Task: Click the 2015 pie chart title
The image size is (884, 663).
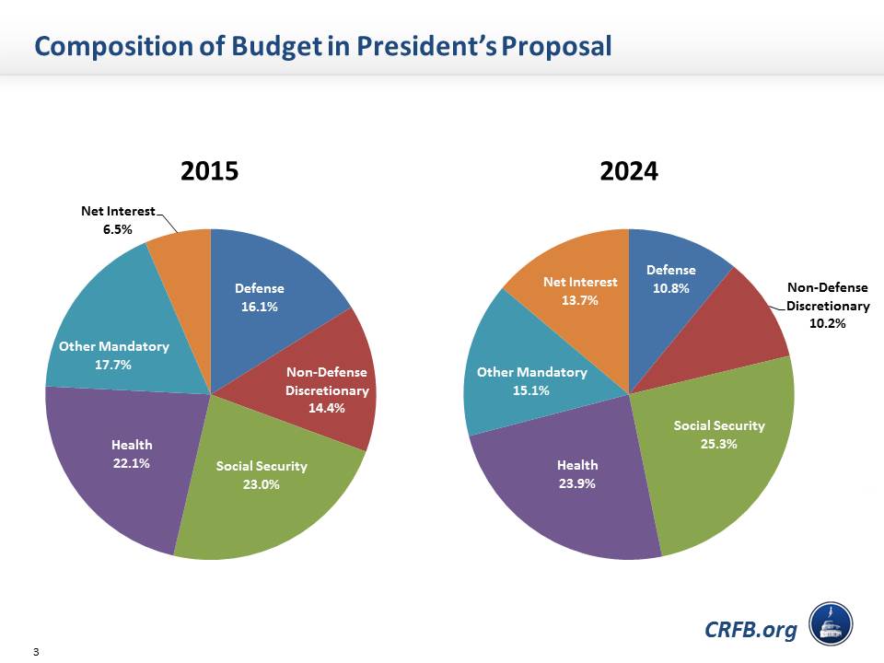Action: [209, 171]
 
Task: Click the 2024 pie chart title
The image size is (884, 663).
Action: [629, 171]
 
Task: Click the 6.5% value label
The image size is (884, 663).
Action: [117, 229]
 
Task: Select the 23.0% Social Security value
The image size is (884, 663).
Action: [262, 484]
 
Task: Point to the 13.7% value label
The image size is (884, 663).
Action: [580, 299]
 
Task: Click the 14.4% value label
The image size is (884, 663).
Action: [327, 408]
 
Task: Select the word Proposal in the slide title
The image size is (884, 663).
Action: [556, 45]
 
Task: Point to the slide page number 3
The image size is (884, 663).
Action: [35, 653]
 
